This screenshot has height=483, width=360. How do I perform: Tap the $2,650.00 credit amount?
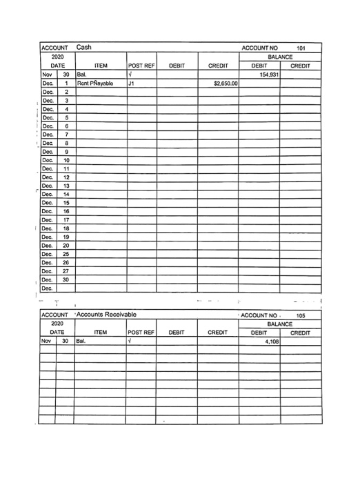pyautogui.click(x=218, y=84)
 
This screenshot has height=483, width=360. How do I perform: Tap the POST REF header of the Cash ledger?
pyautogui.click(x=141, y=66)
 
